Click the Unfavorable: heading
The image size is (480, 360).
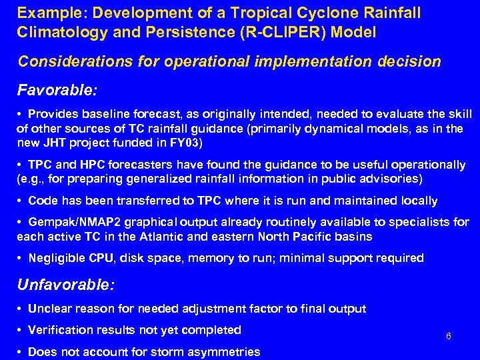coord(66,285)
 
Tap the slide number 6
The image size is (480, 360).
coord(449,336)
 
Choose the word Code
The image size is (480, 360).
coord(41,201)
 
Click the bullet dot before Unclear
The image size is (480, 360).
coord(23,309)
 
